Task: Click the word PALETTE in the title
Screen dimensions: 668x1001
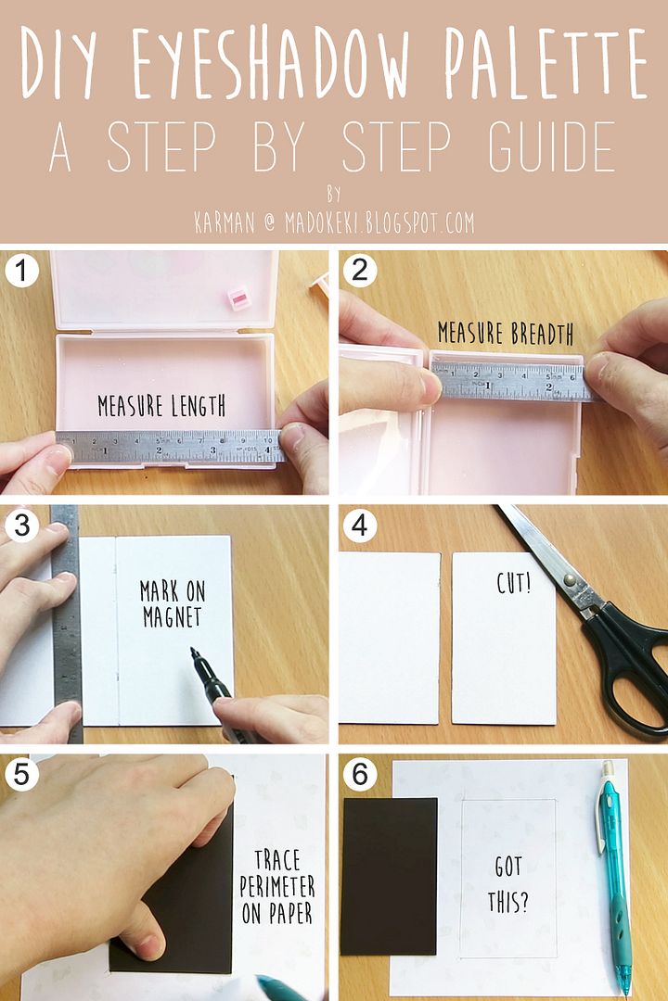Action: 546,63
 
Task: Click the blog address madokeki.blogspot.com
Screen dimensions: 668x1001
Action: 379,222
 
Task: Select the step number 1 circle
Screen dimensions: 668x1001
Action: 21,270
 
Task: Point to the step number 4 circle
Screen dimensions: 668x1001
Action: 359,526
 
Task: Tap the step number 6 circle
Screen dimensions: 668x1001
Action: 359,774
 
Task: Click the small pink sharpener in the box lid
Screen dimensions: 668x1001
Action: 239,298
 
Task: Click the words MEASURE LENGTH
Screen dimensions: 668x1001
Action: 161,405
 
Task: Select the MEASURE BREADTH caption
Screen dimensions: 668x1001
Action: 506,334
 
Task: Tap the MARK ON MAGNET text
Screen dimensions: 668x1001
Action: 173,604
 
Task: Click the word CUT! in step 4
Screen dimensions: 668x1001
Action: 513,582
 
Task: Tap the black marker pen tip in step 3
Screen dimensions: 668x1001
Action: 193,652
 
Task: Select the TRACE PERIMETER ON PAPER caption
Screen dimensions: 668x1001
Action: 277,887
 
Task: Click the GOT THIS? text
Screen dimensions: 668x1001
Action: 508,884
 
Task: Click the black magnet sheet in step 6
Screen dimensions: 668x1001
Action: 390,876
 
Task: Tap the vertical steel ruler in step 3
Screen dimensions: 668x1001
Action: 66,623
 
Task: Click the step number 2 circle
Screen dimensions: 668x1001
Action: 359,270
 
